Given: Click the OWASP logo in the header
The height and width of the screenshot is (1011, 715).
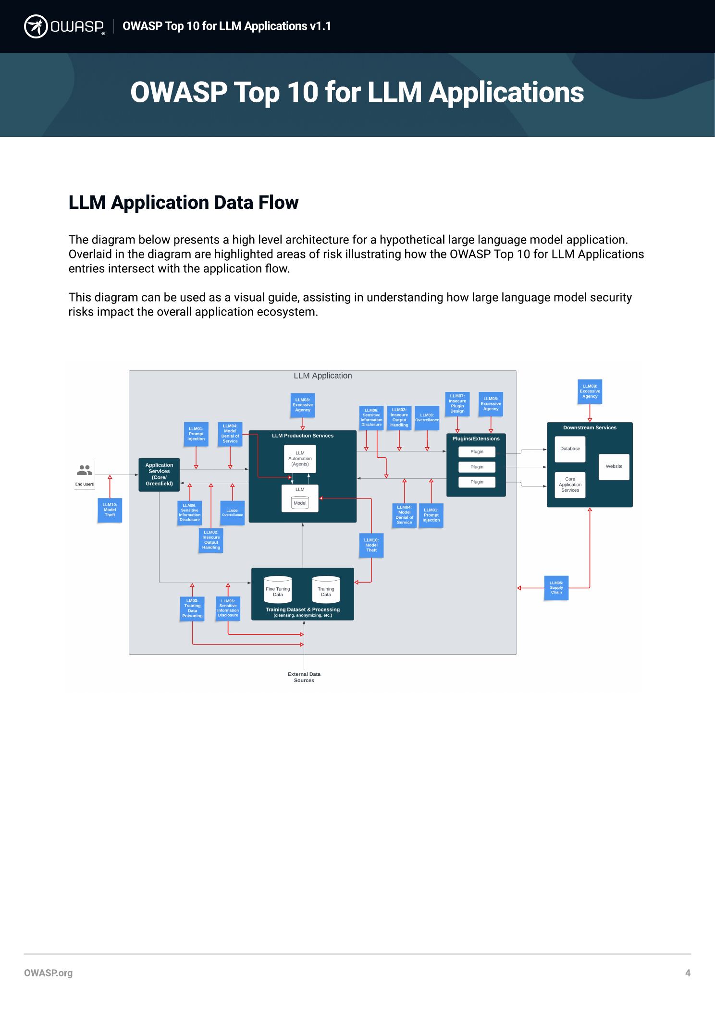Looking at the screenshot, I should click(64, 26).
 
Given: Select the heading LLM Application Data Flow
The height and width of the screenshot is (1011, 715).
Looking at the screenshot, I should click(183, 203).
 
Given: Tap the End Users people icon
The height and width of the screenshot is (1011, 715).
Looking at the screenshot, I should click(85, 470).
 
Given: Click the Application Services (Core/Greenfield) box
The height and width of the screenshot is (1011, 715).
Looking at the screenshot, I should click(159, 475).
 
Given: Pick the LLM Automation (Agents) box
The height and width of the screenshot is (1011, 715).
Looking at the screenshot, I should click(300, 459).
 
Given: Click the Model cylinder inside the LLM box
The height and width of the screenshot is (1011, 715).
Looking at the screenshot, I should click(300, 503).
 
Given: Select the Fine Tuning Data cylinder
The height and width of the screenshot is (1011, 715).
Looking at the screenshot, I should click(278, 590).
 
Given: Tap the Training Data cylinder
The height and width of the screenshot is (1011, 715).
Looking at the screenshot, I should click(326, 590).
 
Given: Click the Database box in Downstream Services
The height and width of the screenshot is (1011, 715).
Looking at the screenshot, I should click(570, 449).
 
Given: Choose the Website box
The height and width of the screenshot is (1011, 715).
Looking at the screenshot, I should click(614, 466).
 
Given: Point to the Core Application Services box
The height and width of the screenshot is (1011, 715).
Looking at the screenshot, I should click(570, 485).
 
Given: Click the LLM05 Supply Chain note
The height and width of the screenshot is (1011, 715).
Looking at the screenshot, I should click(556, 588).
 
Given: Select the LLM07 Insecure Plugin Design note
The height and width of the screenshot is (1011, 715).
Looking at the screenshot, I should click(457, 404).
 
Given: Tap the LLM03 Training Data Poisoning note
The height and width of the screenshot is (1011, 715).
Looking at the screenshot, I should click(192, 609).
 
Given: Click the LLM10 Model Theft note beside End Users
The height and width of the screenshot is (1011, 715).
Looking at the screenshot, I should click(110, 510).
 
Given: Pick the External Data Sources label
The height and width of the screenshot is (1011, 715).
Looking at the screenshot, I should click(304, 677).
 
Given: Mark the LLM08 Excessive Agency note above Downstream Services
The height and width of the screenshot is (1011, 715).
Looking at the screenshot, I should click(590, 391).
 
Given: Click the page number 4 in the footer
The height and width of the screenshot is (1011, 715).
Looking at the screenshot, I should click(688, 973).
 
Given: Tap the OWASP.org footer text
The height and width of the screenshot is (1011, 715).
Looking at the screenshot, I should click(48, 973).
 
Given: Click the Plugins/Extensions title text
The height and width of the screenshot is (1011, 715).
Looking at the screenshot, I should click(476, 439).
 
